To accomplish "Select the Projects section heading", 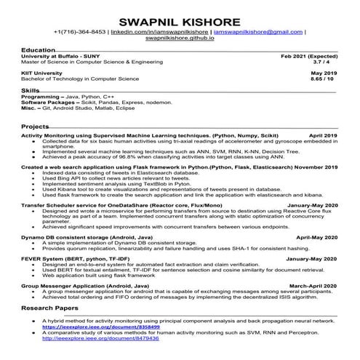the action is [x=36, y=127].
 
